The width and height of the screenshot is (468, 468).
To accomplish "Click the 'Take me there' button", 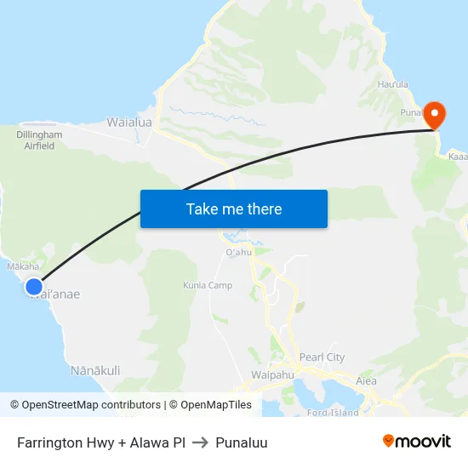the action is pyautogui.click(x=234, y=208).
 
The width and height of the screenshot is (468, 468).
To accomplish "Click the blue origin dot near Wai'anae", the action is pyautogui.click(x=34, y=287).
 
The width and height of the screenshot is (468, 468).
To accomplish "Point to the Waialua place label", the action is pyautogui.click(x=129, y=123).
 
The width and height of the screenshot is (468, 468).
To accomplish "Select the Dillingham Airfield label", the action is pyautogui.click(x=40, y=140).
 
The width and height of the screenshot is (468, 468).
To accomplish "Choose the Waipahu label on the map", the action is pyautogui.click(x=272, y=374).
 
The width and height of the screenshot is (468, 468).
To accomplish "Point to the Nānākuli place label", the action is pyautogui.click(x=95, y=370).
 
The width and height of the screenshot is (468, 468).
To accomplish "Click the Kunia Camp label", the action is pyautogui.click(x=208, y=285).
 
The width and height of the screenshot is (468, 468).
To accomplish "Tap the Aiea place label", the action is pyautogui.click(x=366, y=380).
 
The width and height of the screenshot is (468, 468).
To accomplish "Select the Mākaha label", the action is pyautogui.click(x=23, y=266).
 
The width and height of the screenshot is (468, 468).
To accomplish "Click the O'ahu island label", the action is pyautogui.click(x=239, y=252).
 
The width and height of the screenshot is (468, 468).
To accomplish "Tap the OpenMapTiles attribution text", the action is pyautogui.click(x=210, y=405).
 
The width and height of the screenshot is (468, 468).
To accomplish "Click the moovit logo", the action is pyautogui.click(x=417, y=441).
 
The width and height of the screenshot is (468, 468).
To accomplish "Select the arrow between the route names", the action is pyautogui.click(x=201, y=442).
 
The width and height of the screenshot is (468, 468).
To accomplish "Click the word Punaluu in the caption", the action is pyautogui.click(x=242, y=442).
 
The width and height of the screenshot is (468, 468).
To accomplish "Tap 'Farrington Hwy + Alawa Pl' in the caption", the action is pyautogui.click(x=101, y=442).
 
